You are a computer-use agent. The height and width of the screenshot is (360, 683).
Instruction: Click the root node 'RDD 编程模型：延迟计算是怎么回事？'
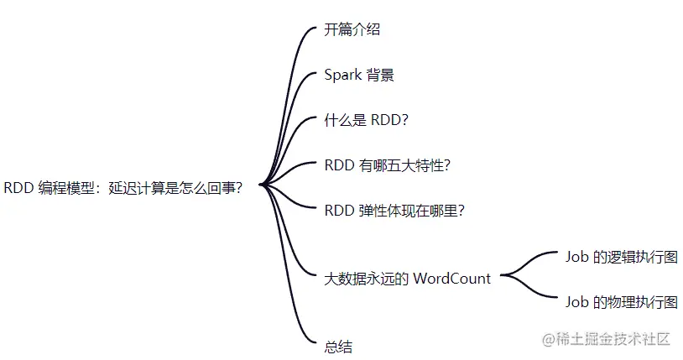[x=123, y=188]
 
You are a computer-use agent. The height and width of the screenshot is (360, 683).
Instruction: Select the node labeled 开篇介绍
[x=352, y=29]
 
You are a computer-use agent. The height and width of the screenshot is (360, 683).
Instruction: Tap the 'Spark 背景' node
[x=359, y=75]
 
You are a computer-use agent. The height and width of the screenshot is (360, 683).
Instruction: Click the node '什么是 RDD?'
[x=366, y=120]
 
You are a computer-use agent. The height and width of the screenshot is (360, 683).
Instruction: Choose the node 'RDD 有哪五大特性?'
[x=388, y=165]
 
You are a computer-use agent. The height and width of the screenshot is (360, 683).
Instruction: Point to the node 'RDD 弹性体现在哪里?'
[x=394, y=211]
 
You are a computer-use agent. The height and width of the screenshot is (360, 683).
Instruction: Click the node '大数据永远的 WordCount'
[x=407, y=279]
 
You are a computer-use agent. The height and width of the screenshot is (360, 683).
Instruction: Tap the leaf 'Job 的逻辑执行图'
[x=621, y=257]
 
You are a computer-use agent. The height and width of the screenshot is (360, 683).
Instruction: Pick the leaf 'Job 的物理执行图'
[x=621, y=302]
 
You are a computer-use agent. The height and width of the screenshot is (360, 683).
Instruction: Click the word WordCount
[x=451, y=279]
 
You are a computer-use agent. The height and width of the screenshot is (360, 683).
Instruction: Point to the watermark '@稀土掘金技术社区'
[x=606, y=339]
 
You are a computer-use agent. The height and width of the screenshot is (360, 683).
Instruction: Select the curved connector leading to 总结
[x=290, y=294]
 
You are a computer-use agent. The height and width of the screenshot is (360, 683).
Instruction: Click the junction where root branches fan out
[x=262, y=185]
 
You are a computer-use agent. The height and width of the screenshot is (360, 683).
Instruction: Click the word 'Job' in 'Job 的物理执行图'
[x=577, y=302]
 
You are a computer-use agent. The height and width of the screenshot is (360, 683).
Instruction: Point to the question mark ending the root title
[x=238, y=188]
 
